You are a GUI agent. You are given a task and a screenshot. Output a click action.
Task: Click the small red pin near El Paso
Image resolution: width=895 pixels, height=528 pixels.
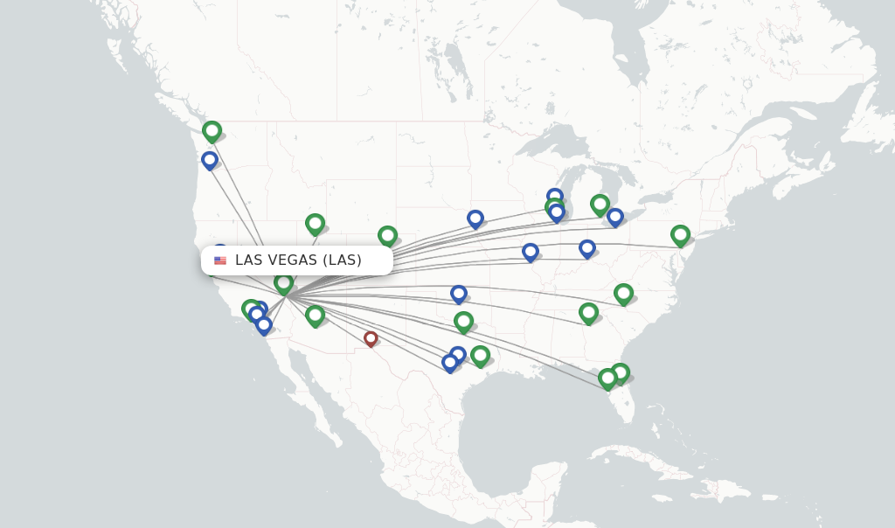pos(371,338)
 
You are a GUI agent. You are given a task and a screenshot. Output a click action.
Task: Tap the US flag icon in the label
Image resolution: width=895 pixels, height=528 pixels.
pos(220,261)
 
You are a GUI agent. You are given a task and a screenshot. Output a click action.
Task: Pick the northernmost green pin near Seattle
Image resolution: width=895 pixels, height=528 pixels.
pos(212,131)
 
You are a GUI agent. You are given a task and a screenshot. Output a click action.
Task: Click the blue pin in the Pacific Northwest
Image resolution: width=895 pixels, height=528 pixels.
pos(210,160)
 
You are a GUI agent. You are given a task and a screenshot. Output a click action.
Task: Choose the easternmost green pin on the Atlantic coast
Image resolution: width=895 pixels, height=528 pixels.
pos(680,234)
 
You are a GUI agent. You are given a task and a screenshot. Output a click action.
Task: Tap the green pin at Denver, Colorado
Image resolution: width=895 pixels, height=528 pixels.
pos(387,235)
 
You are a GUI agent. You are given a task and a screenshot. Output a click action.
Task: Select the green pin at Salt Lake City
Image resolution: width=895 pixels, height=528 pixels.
pos(315,224)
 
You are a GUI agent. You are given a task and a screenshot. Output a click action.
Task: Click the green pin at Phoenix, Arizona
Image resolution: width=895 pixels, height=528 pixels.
pos(315,315)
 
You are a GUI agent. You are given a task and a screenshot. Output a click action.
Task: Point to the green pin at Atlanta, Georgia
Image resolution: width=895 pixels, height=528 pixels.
pos(588,312)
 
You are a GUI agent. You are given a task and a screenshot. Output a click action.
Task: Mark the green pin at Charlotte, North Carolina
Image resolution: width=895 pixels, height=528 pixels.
pos(623,293)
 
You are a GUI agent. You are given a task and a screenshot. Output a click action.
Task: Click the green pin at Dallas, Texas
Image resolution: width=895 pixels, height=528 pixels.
pos(463,322)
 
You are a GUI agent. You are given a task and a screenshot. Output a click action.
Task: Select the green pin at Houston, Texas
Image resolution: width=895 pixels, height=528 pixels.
pos(480,354)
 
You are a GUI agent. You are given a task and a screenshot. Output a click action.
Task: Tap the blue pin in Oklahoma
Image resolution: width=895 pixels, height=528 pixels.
pos(459,294)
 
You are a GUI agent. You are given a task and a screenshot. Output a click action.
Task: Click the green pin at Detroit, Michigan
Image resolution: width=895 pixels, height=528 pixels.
pos(600,205)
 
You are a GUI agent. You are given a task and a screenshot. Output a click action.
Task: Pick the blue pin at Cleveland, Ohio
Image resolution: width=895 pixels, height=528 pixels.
pos(615,217)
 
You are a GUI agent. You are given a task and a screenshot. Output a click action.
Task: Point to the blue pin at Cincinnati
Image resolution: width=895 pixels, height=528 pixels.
pos(587,248)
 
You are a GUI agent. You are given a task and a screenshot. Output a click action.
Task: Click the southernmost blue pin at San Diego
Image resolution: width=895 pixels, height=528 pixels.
pos(264,325)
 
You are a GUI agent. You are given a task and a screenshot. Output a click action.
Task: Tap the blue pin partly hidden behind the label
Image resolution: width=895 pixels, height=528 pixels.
pos(220,250)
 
